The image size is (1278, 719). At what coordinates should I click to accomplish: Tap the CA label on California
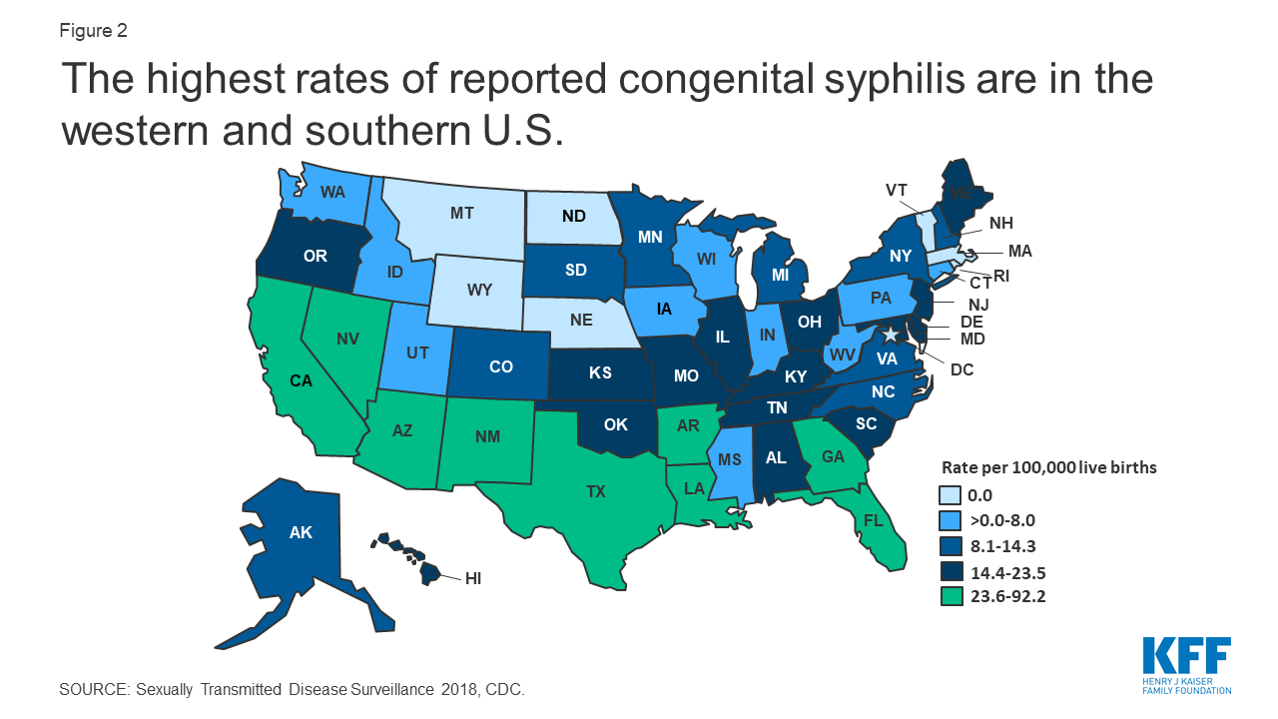(x=303, y=379)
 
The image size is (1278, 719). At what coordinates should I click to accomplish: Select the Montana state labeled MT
(x=461, y=213)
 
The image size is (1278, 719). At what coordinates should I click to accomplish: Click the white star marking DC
(x=890, y=334)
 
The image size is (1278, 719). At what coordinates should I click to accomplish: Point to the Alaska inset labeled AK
(x=301, y=532)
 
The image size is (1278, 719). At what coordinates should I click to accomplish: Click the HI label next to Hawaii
(x=474, y=577)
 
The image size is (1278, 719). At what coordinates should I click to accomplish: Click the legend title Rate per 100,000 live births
(x=1049, y=466)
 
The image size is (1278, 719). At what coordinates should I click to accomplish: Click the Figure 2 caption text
(x=93, y=31)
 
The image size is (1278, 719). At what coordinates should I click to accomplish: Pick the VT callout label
(x=897, y=190)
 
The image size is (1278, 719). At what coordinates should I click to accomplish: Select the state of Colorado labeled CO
(x=501, y=366)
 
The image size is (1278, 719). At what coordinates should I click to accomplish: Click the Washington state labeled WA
(x=332, y=191)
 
